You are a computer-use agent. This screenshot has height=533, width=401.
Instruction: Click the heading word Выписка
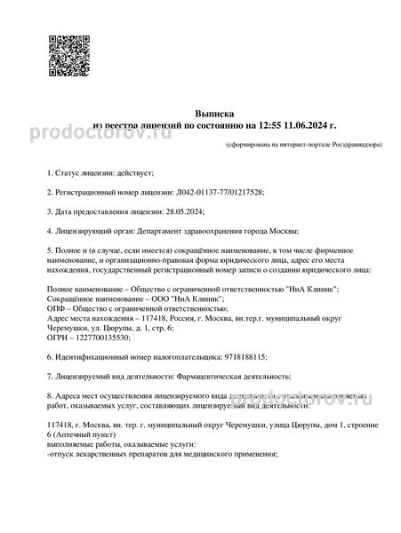pyautogui.click(x=201, y=115)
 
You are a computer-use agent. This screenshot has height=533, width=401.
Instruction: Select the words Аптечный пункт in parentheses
pyautogui.click(x=80, y=438)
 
